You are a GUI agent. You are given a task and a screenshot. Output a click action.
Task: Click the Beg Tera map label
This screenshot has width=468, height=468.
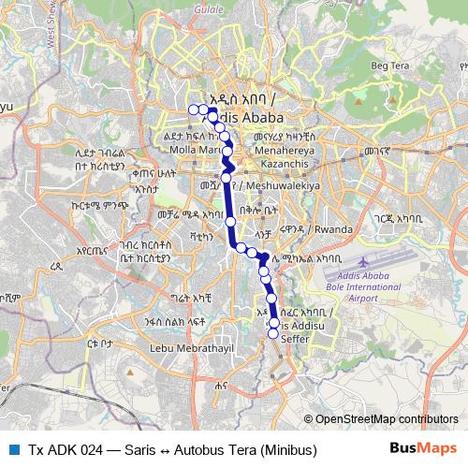pos(393,65)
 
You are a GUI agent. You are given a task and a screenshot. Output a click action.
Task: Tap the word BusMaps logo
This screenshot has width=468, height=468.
pos(424,448)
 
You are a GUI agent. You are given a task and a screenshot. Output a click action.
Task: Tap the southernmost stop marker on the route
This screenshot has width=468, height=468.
pos(274,332)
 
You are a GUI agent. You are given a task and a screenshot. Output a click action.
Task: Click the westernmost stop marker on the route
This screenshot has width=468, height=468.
pos(194,110)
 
